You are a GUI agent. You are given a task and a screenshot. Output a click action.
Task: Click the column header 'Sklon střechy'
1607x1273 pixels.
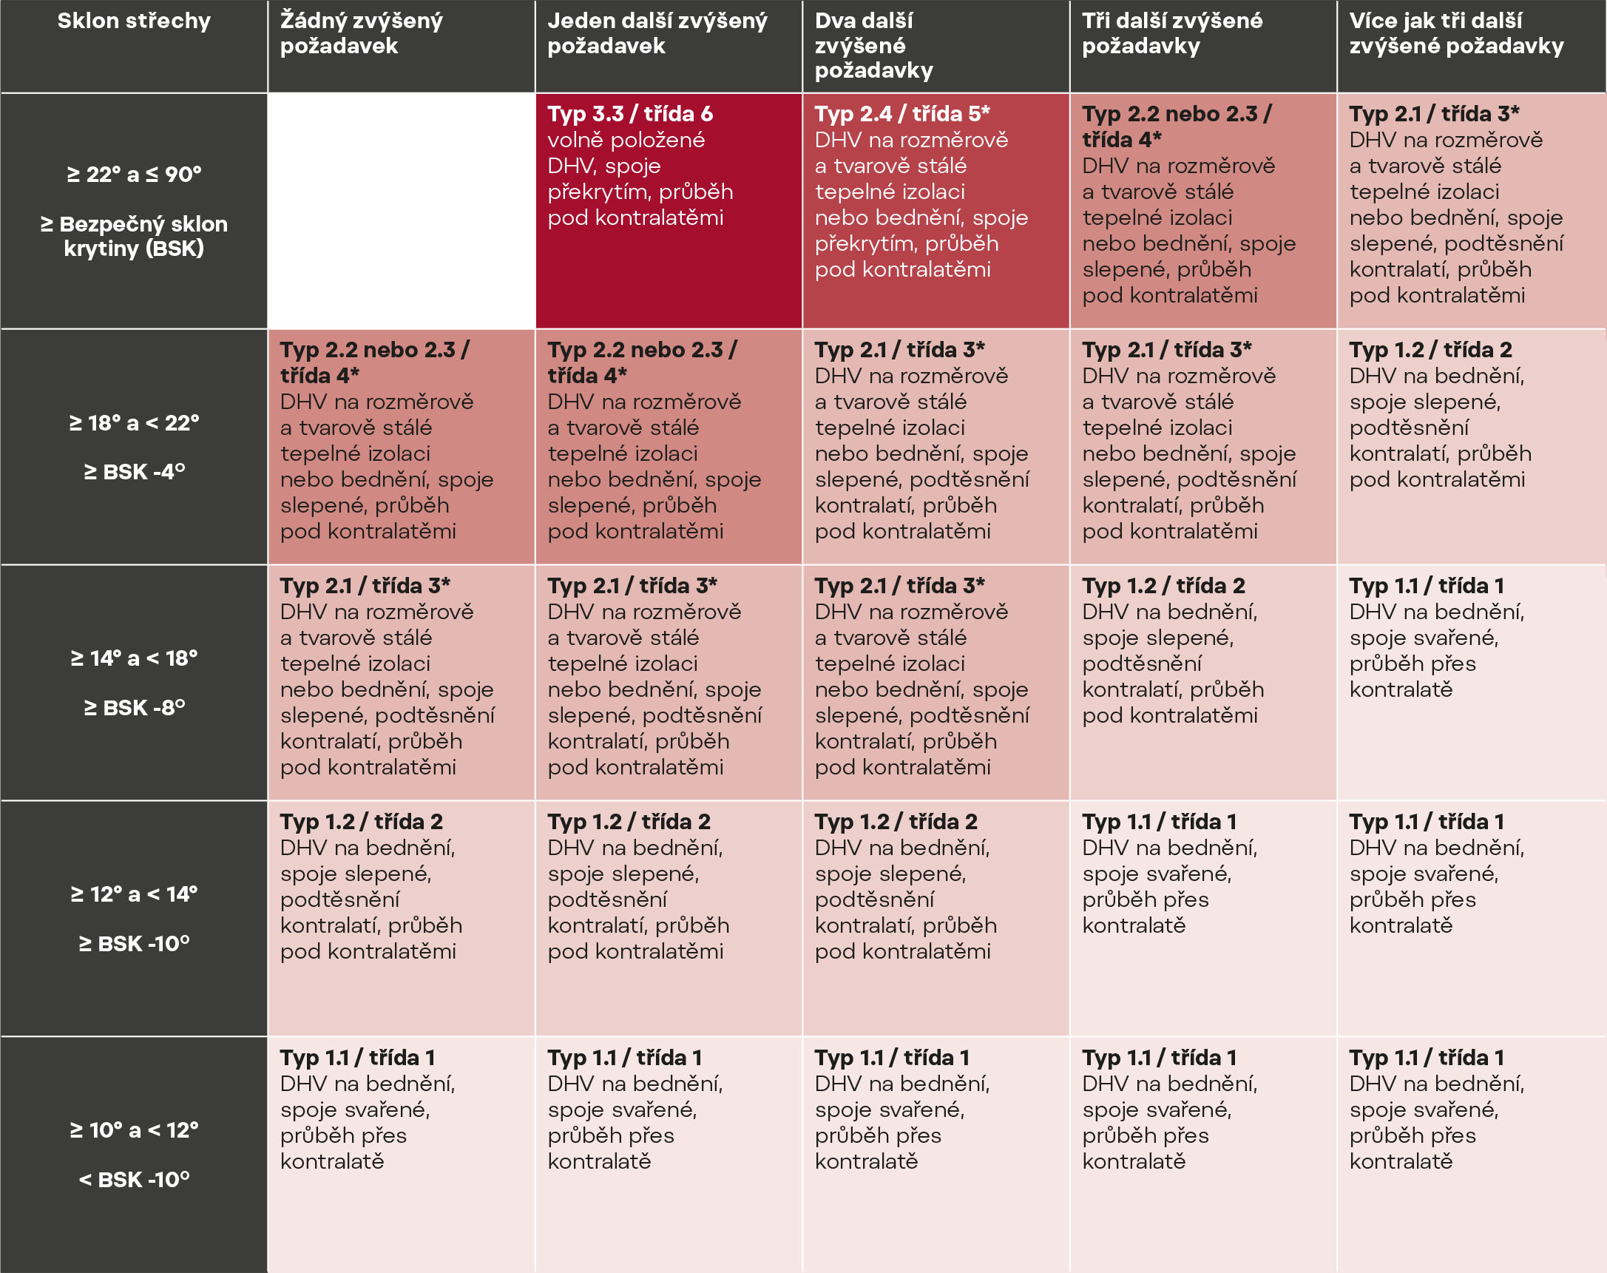pos(134,21)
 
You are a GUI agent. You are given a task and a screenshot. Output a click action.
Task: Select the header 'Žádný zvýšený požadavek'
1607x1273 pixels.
pos(362,33)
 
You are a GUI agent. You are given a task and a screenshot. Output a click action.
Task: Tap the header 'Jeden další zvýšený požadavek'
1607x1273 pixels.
pos(657,33)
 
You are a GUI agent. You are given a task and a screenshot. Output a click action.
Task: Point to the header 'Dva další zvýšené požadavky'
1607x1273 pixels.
pos(874,46)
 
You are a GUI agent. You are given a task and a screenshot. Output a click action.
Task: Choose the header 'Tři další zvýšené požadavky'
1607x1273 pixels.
pos(1172,33)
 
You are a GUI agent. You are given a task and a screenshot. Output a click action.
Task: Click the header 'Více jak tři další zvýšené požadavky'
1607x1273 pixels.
pos(1455,33)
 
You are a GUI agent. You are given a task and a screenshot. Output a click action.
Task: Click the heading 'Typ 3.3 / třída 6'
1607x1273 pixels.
pos(629,114)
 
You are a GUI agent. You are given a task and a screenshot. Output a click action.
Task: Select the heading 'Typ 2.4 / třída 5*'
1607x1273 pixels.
pos(901,114)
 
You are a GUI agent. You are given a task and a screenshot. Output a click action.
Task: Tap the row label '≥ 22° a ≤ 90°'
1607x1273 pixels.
pos(134,175)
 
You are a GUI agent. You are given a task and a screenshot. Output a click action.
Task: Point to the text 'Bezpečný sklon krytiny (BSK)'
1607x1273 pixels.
pos(134,236)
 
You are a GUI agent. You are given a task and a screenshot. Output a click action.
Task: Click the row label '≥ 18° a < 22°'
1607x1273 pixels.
pos(134,423)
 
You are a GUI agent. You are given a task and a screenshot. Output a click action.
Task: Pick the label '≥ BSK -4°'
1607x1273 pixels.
pos(134,472)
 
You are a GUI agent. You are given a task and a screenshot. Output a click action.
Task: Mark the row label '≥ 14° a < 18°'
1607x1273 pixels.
pos(134,658)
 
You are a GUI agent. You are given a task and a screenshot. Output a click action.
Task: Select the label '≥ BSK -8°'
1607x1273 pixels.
pos(134,707)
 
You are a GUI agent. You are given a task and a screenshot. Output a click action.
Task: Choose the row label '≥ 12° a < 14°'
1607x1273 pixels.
pos(134,894)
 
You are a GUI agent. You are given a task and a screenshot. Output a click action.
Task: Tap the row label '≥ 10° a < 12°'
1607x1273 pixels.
pos(134,1130)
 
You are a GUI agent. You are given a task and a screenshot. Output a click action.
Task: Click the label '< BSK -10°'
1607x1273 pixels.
pos(134,1180)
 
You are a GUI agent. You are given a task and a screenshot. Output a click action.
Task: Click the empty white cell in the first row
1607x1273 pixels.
pos(401,211)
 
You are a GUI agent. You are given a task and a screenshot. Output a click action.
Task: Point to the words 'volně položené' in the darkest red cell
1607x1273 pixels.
pos(626,140)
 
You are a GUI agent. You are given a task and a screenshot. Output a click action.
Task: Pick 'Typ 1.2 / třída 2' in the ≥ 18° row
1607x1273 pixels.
pos(1430,350)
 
